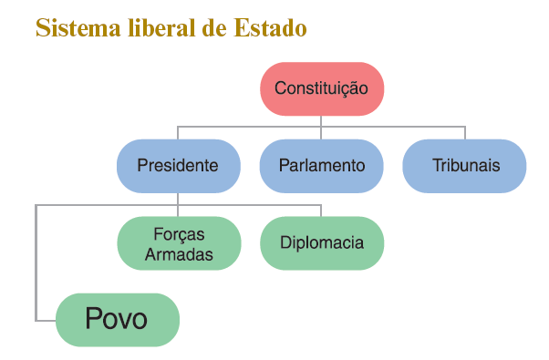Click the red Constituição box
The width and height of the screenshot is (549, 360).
(321, 88)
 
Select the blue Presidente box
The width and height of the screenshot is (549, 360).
(178, 166)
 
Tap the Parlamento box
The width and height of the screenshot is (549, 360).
(321, 166)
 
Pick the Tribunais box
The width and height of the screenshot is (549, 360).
(464, 166)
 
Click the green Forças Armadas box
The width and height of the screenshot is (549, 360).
(179, 243)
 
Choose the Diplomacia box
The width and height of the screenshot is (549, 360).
(321, 243)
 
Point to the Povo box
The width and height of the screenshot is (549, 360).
(117, 320)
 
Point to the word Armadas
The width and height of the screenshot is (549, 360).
(179, 253)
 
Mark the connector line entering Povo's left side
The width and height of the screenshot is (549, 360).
(46, 320)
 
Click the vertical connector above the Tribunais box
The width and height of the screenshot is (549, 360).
(464, 132)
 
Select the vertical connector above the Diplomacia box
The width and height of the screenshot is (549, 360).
(321, 211)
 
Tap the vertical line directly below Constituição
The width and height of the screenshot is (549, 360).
(321, 120)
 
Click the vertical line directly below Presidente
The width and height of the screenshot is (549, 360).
(178, 199)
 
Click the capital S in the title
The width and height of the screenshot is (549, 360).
(42, 28)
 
